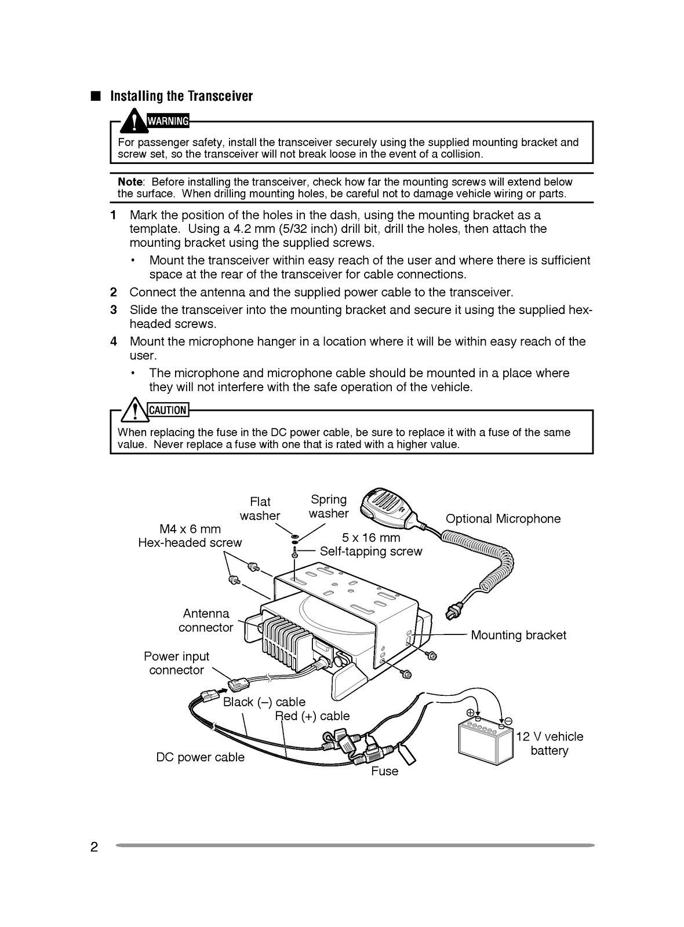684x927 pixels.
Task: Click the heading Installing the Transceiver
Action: click(x=181, y=96)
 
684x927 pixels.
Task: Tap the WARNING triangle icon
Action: click(x=135, y=121)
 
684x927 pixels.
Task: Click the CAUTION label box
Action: click(x=168, y=410)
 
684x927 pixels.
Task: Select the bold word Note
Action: click(x=130, y=182)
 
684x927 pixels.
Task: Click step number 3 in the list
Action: click(x=114, y=310)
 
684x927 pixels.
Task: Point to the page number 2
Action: click(x=94, y=846)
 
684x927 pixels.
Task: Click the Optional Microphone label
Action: click(x=503, y=519)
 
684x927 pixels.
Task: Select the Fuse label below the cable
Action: click(x=385, y=771)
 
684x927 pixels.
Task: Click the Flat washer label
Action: click(x=260, y=509)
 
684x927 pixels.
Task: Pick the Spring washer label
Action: click(x=329, y=506)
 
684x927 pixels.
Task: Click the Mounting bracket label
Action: click(x=518, y=635)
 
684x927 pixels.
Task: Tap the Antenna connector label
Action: click(x=206, y=621)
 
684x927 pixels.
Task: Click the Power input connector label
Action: click(x=176, y=663)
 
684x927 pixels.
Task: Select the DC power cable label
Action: click(x=200, y=757)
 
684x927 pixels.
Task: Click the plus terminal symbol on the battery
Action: click(x=471, y=713)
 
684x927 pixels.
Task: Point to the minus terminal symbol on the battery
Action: click(x=508, y=720)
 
